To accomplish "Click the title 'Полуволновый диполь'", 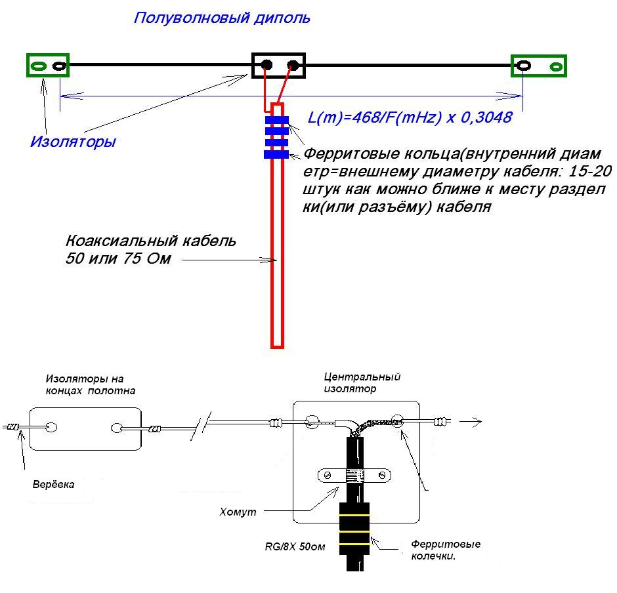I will click(222, 18).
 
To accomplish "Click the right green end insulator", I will click(538, 66).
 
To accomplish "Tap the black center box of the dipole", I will click(280, 66).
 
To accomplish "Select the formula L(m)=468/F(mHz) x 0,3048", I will click(410, 119).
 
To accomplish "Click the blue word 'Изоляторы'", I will click(73, 142).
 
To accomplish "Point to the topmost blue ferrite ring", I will click(276, 120).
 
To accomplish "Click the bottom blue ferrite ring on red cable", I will click(276, 155).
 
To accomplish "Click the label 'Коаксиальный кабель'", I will click(151, 241).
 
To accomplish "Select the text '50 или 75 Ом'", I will click(118, 258).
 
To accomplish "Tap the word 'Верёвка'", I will click(54, 485).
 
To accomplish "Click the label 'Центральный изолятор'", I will click(362, 382).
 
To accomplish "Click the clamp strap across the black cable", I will click(355, 475).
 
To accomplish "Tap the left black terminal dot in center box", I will click(267, 65).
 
